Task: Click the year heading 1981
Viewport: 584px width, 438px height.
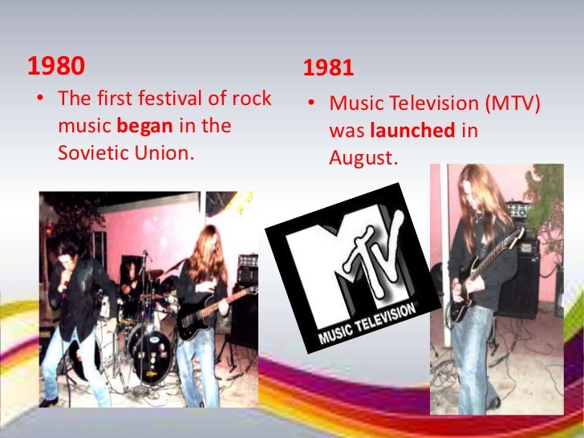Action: pos(328,69)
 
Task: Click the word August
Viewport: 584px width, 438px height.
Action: pos(363,158)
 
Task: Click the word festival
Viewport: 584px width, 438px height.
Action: pos(164,99)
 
